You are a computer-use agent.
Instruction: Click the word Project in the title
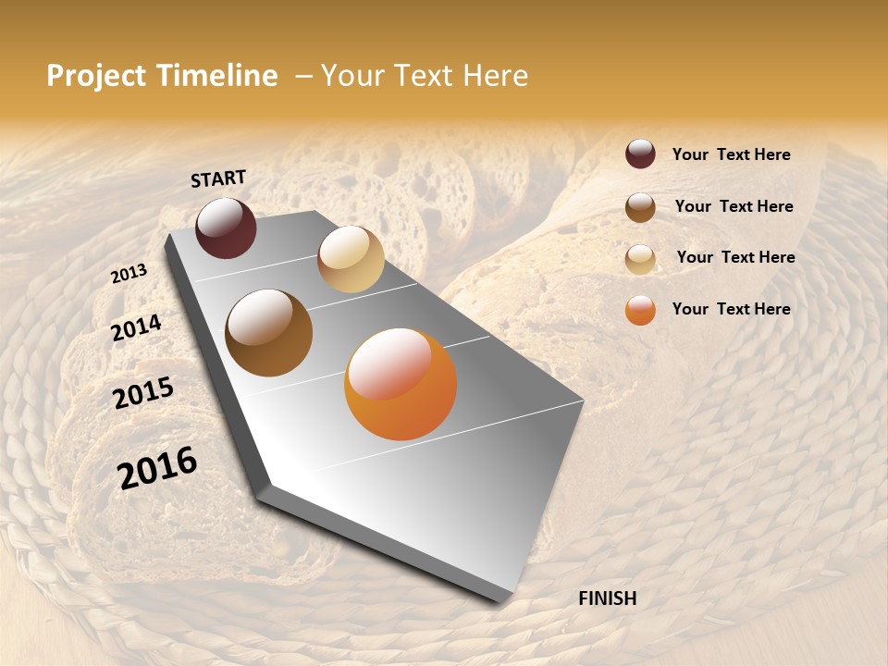(x=94, y=77)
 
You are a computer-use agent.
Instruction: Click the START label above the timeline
(x=218, y=179)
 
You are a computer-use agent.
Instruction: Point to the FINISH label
(x=607, y=598)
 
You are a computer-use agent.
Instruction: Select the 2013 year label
(x=129, y=273)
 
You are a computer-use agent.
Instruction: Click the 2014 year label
(x=136, y=328)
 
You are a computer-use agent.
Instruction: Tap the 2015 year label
(x=143, y=392)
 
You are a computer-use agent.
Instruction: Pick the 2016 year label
(x=157, y=468)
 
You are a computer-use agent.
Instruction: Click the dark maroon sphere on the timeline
(x=226, y=228)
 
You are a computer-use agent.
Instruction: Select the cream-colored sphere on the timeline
(x=351, y=259)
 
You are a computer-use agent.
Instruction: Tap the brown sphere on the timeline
(x=268, y=333)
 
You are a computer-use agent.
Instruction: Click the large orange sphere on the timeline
(x=401, y=384)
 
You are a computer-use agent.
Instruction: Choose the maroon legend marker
(x=640, y=154)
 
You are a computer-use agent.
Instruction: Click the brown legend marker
(x=640, y=207)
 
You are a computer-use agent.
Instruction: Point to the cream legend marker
(x=640, y=259)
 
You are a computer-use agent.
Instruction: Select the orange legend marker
(x=640, y=311)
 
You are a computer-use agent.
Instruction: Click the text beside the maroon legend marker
(x=731, y=155)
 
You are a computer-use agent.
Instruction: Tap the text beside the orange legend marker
(x=731, y=309)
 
